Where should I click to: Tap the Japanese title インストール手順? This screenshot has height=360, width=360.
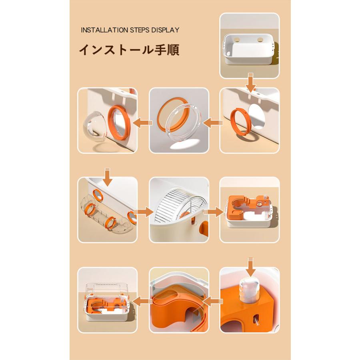tap(129, 50)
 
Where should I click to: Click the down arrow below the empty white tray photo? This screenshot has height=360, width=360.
tap(250, 82)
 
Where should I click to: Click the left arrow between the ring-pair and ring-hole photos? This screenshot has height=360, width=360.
tap(213, 123)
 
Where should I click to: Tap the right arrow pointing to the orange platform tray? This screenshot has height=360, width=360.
tap(214, 212)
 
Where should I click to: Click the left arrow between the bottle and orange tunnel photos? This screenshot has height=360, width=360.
tap(213, 301)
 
